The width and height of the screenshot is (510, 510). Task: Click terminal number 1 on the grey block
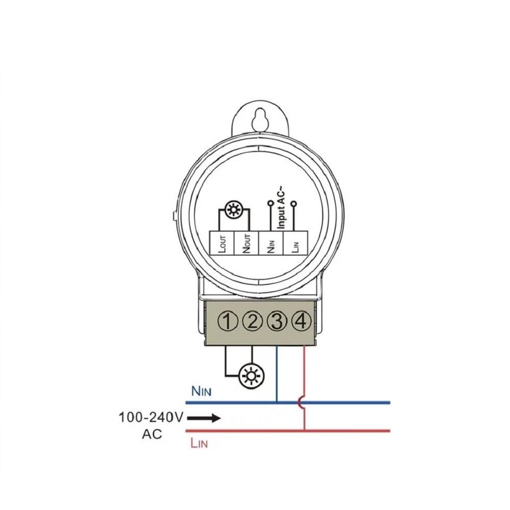(228, 321)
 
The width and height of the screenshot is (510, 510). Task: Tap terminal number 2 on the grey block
(252, 321)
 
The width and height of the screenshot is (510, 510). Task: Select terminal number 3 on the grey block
(277, 321)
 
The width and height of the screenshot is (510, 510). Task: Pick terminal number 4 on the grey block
(302, 321)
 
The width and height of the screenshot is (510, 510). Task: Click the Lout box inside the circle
(221, 243)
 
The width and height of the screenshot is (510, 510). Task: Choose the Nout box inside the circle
(247, 243)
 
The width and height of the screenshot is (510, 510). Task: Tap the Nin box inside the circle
(272, 243)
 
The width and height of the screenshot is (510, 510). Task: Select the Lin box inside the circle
(296, 243)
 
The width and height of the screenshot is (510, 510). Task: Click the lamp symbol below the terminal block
(251, 375)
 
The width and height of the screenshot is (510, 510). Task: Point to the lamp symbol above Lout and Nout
(233, 210)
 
